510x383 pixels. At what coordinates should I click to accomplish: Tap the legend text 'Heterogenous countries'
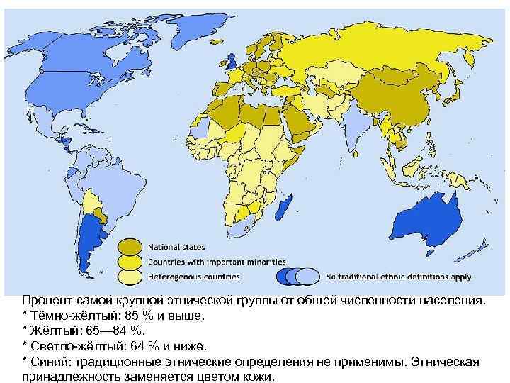point(193,276)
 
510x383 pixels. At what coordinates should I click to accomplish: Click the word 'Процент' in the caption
point(44,300)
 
